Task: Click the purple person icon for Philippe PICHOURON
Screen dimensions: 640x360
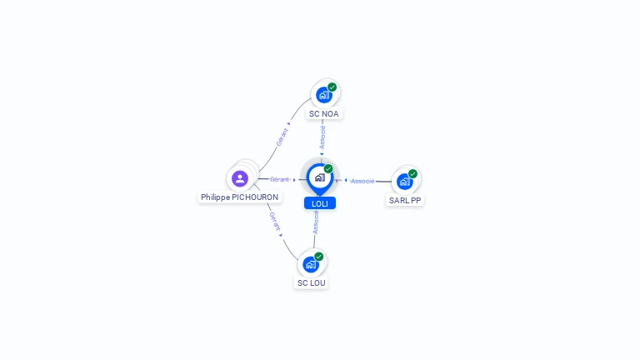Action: click(x=240, y=179)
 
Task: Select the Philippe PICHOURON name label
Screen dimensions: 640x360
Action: click(x=240, y=197)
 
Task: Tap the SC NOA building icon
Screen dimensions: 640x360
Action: click(x=324, y=95)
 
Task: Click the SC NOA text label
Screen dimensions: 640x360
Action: click(x=323, y=114)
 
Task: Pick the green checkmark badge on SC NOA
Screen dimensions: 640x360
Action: click(x=332, y=87)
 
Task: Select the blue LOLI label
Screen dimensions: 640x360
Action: click(x=320, y=203)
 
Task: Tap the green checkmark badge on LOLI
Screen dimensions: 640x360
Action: click(x=328, y=169)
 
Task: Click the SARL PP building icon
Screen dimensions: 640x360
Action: click(x=405, y=182)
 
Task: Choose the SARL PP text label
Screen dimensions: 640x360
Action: click(x=405, y=200)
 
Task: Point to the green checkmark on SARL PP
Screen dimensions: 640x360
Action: click(x=413, y=174)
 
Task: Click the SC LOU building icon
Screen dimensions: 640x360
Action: click(x=311, y=264)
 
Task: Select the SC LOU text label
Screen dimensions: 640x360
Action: click(x=311, y=282)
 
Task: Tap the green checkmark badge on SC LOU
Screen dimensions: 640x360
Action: click(x=319, y=257)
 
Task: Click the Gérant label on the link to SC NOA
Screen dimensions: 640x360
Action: click(x=282, y=137)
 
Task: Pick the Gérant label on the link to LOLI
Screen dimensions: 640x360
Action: click(x=279, y=180)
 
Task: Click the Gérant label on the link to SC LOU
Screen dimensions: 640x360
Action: click(x=275, y=222)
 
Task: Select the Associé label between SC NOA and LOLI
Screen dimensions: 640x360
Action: click(x=322, y=137)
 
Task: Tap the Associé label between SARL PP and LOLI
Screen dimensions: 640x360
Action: click(x=362, y=181)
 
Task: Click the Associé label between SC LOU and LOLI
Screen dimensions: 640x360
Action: click(x=316, y=222)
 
